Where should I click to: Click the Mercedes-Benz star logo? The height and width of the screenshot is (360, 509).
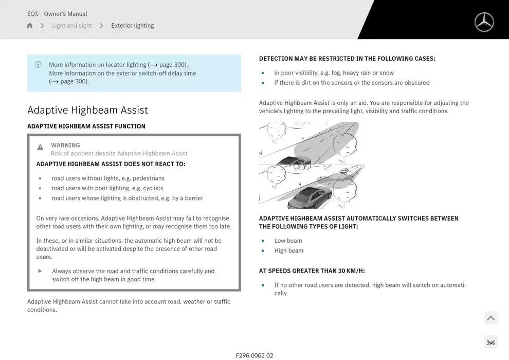(484, 22)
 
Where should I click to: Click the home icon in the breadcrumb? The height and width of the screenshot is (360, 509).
(30, 26)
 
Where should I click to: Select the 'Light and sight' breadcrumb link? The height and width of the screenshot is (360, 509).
(72, 26)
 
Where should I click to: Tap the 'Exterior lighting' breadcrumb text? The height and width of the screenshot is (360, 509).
(132, 26)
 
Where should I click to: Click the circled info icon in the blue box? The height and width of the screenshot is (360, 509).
(38, 65)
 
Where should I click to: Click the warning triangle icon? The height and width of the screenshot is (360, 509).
(40, 147)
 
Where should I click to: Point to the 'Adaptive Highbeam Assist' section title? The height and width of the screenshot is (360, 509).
(87, 110)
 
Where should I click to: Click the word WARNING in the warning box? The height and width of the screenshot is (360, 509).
(65, 146)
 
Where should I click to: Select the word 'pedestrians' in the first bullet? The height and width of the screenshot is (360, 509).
(149, 178)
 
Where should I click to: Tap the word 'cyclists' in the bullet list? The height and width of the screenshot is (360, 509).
(153, 188)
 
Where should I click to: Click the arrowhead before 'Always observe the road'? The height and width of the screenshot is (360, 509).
(40, 271)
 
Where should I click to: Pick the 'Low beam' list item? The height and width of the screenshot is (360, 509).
(288, 241)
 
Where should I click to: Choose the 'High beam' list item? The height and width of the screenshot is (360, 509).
(288, 251)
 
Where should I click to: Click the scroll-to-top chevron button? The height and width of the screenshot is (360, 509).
(490, 318)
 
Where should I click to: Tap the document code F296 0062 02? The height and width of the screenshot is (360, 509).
(254, 355)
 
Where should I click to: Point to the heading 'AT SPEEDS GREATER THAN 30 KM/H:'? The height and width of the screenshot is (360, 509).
(312, 271)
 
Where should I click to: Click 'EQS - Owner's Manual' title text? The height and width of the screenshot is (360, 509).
(57, 14)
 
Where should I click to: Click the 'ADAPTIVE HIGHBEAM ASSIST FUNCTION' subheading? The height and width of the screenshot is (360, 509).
(86, 127)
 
